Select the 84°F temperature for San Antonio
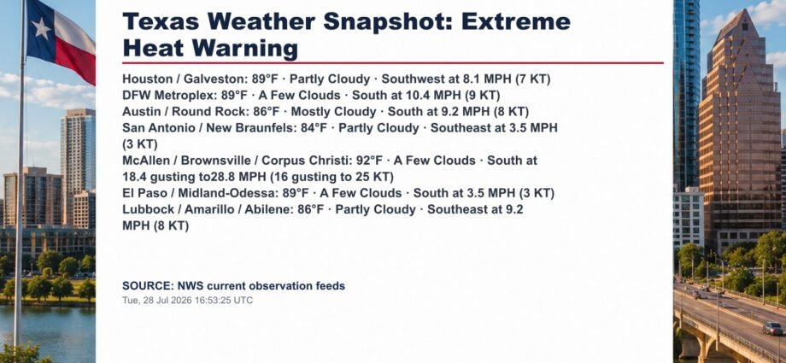pos(314,128)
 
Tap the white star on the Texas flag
pos(40,28)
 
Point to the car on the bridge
pos(772,328)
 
